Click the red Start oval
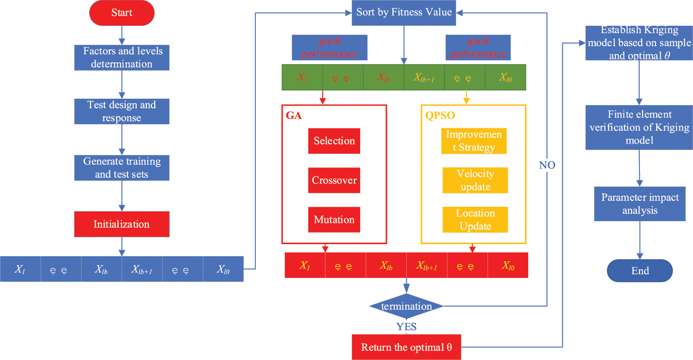[122, 13]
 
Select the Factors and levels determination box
[122, 57]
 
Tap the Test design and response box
[122, 111]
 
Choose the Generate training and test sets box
[122, 168]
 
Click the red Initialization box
[122, 224]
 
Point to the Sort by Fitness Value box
[404, 12]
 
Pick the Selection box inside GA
[334, 141]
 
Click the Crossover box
[334, 180]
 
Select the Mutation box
[334, 219]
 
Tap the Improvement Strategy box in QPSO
[474, 141]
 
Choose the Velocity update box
[475, 180]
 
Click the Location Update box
[475, 219]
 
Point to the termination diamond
[406, 306]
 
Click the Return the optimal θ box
[406, 348]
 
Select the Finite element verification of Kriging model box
[639, 127]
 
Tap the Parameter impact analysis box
[640, 204]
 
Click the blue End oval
[640, 270]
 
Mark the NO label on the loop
[547, 165]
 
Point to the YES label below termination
[406, 327]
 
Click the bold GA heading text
[294, 115]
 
